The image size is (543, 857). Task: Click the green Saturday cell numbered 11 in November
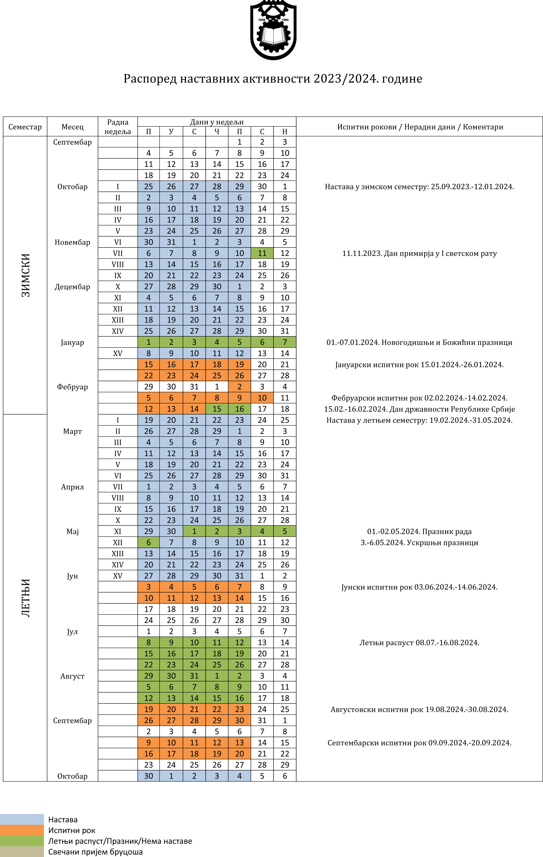click(262, 253)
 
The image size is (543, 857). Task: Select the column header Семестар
click(25, 127)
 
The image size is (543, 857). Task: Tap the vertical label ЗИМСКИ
click(26, 275)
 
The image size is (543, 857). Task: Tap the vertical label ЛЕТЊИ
click(26, 598)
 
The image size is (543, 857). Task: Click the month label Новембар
click(72, 242)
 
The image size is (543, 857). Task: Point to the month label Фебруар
click(72, 387)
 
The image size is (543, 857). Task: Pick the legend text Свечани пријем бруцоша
click(95, 852)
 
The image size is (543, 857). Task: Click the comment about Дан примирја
click(419, 253)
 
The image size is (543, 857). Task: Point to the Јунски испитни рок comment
click(419, 587)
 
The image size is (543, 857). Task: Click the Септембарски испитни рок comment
click(419, 743)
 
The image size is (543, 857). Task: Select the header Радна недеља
click(118, 127)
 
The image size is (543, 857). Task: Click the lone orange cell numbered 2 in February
click(239, 386)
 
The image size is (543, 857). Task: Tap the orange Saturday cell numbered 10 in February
click(262, 398)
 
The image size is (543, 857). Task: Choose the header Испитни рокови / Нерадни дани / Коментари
click(420, 127)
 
